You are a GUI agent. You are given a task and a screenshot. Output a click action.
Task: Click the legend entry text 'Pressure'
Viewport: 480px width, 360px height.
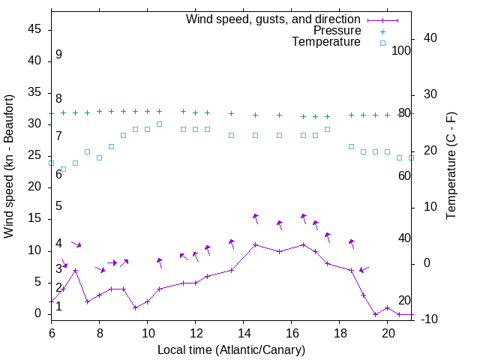337,31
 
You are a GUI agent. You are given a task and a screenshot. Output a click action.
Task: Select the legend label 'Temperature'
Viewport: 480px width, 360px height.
326,42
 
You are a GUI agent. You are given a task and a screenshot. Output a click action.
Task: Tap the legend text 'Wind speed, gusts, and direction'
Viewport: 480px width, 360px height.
273,19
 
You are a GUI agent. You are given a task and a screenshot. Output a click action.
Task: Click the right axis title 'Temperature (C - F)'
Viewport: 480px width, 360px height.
451,166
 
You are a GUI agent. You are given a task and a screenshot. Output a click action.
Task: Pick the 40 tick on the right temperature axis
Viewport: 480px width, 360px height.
430,38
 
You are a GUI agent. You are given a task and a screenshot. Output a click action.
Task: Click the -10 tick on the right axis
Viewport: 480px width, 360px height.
430,319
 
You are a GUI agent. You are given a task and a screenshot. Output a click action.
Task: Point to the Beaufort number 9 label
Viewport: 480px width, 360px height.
58,55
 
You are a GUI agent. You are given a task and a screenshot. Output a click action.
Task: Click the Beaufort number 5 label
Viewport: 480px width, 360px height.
58,206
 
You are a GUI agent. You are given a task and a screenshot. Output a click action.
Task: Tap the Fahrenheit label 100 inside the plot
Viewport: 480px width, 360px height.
401,51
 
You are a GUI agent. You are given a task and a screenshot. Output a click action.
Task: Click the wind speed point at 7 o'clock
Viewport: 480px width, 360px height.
76,270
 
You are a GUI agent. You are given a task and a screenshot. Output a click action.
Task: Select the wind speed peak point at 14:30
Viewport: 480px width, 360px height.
256,244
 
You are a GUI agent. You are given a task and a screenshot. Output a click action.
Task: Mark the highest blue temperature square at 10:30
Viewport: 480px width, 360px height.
160,124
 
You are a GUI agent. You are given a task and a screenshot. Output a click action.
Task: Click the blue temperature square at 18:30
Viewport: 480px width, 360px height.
352,146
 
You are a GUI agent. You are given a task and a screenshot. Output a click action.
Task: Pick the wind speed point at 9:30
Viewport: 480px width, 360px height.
136,307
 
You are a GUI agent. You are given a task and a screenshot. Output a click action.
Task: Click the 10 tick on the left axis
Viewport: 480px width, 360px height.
34,250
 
